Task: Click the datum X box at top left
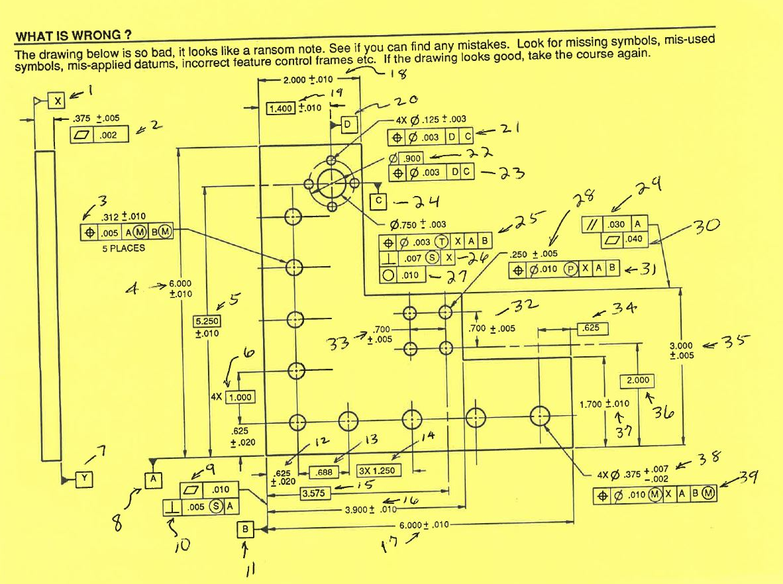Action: click(58, 101)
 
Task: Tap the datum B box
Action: click(245, 530)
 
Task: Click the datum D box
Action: click(349, 123)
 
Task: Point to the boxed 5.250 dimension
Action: click(207, 321)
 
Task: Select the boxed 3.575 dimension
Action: click(315, 493)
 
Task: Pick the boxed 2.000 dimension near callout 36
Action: click(637, 381)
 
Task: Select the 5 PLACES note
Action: click(124, 248)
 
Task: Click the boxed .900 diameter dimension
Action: click(405, 159)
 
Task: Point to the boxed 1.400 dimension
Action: click(281, 107)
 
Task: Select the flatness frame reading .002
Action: click(95, 135)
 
